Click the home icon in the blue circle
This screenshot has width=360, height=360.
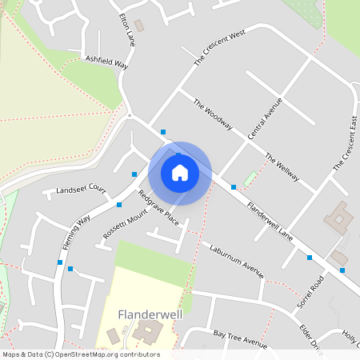tap(180, 172)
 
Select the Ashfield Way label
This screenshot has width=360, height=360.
tap(106, 61)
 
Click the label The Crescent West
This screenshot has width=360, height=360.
tap(218, 49)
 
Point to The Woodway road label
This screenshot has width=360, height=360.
tap(213, 114)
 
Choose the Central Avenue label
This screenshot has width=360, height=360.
tap(265, 118)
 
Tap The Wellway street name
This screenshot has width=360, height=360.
tap(282, 166)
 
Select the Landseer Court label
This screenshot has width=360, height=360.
tap(81, 190)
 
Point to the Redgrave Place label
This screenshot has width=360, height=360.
tap(158, 206)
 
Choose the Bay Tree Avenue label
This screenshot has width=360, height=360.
tap(240, 337)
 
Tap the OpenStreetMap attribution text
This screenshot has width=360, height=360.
tap(80, 354)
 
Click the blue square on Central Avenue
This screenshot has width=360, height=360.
tap(234, 186)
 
